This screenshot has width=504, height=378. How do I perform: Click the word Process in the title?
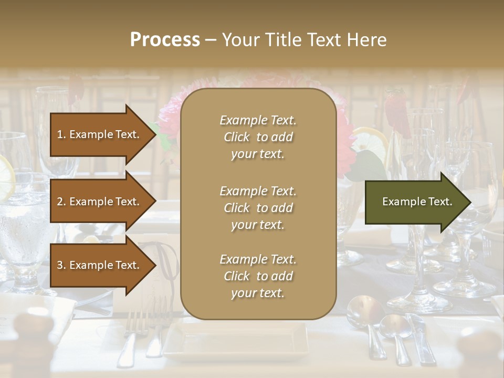pyautogui.click(x=165, y=40)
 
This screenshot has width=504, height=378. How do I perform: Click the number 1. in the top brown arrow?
pyautogui.click(x=61, y=134)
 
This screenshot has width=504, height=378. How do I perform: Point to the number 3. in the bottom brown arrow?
pyautogui.click(x=61, y=265)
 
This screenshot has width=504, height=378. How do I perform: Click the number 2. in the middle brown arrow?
pyautogui.click(x=61, y=202)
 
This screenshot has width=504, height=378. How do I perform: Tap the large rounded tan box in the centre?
pyautogui.click(x=258, y=204)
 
